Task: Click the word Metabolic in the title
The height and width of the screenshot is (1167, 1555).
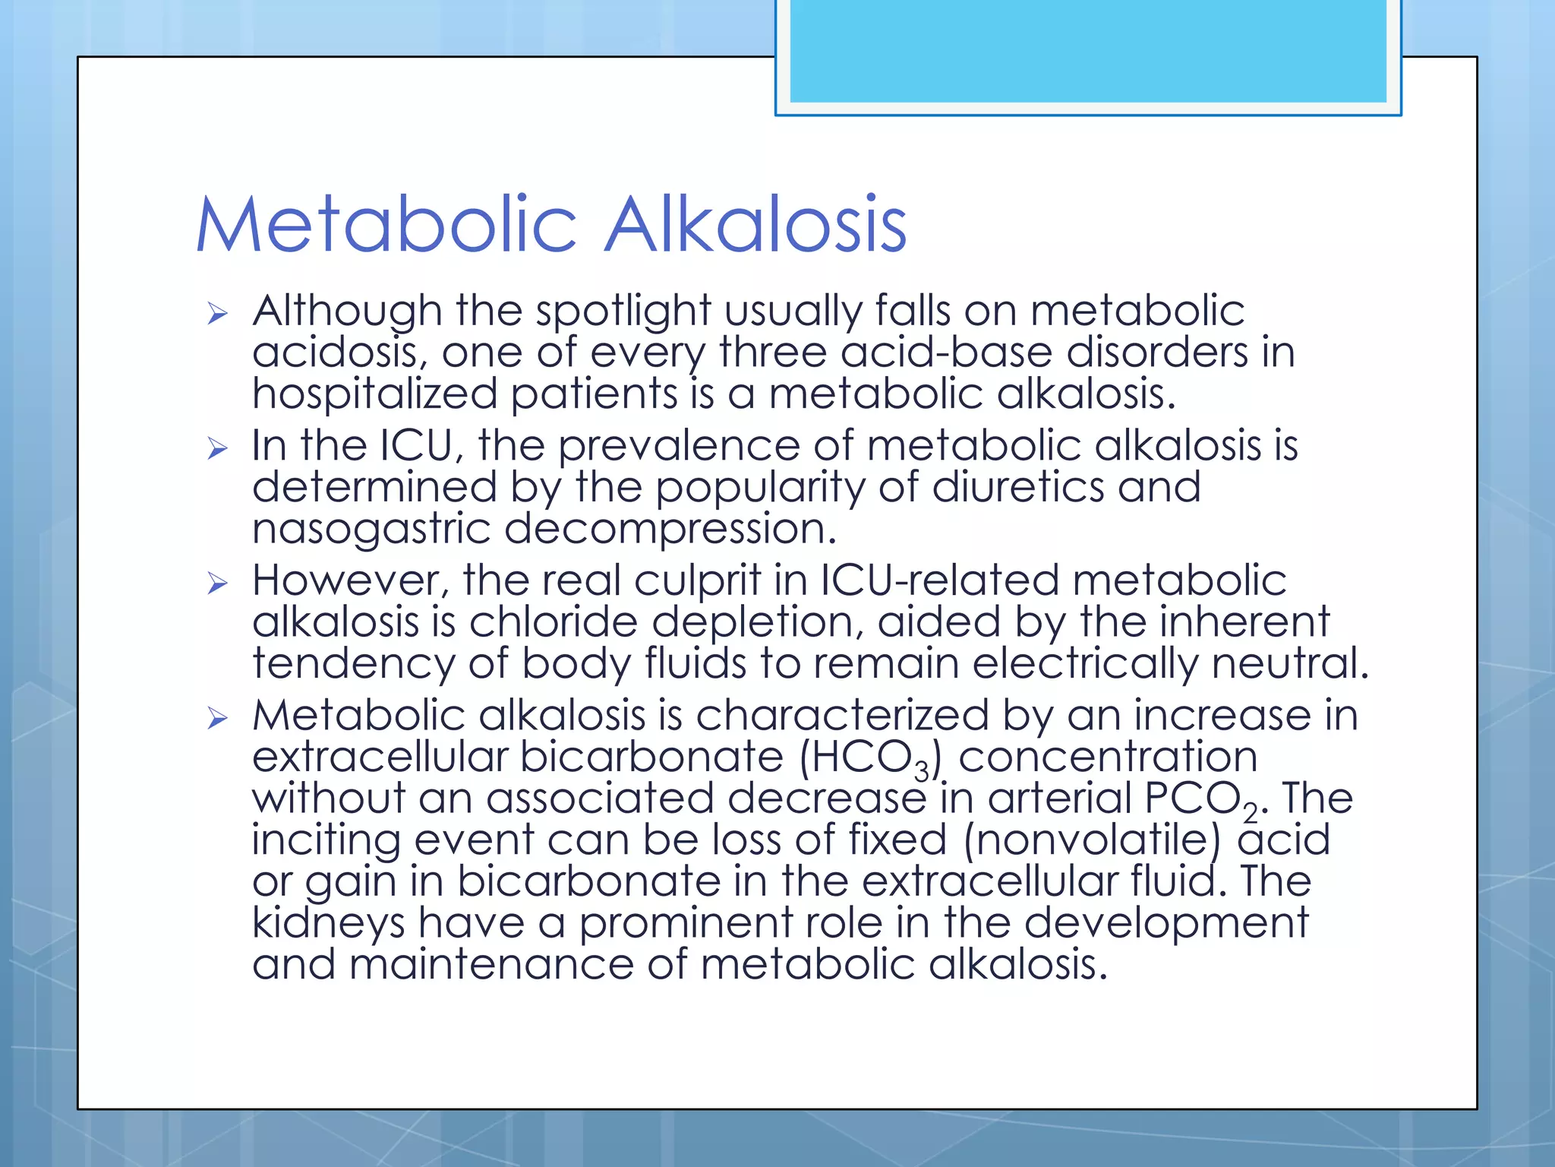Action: (386, 225)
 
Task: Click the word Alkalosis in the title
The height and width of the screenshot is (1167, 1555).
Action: (755, 225)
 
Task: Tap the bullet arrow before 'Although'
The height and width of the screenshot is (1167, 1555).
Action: (218, 313)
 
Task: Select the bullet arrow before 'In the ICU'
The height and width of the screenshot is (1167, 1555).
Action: (218, 448)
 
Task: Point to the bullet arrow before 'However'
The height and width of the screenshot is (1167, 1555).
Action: (218, 583)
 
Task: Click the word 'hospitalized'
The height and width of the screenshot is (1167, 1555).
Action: (375, 395)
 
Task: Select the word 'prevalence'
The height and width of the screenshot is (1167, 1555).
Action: (679, 446)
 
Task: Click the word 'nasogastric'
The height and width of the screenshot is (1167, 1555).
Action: (371, 530)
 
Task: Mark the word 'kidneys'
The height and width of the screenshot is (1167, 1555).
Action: (329, 924)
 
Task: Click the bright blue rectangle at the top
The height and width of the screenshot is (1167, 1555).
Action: (1087, 50)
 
